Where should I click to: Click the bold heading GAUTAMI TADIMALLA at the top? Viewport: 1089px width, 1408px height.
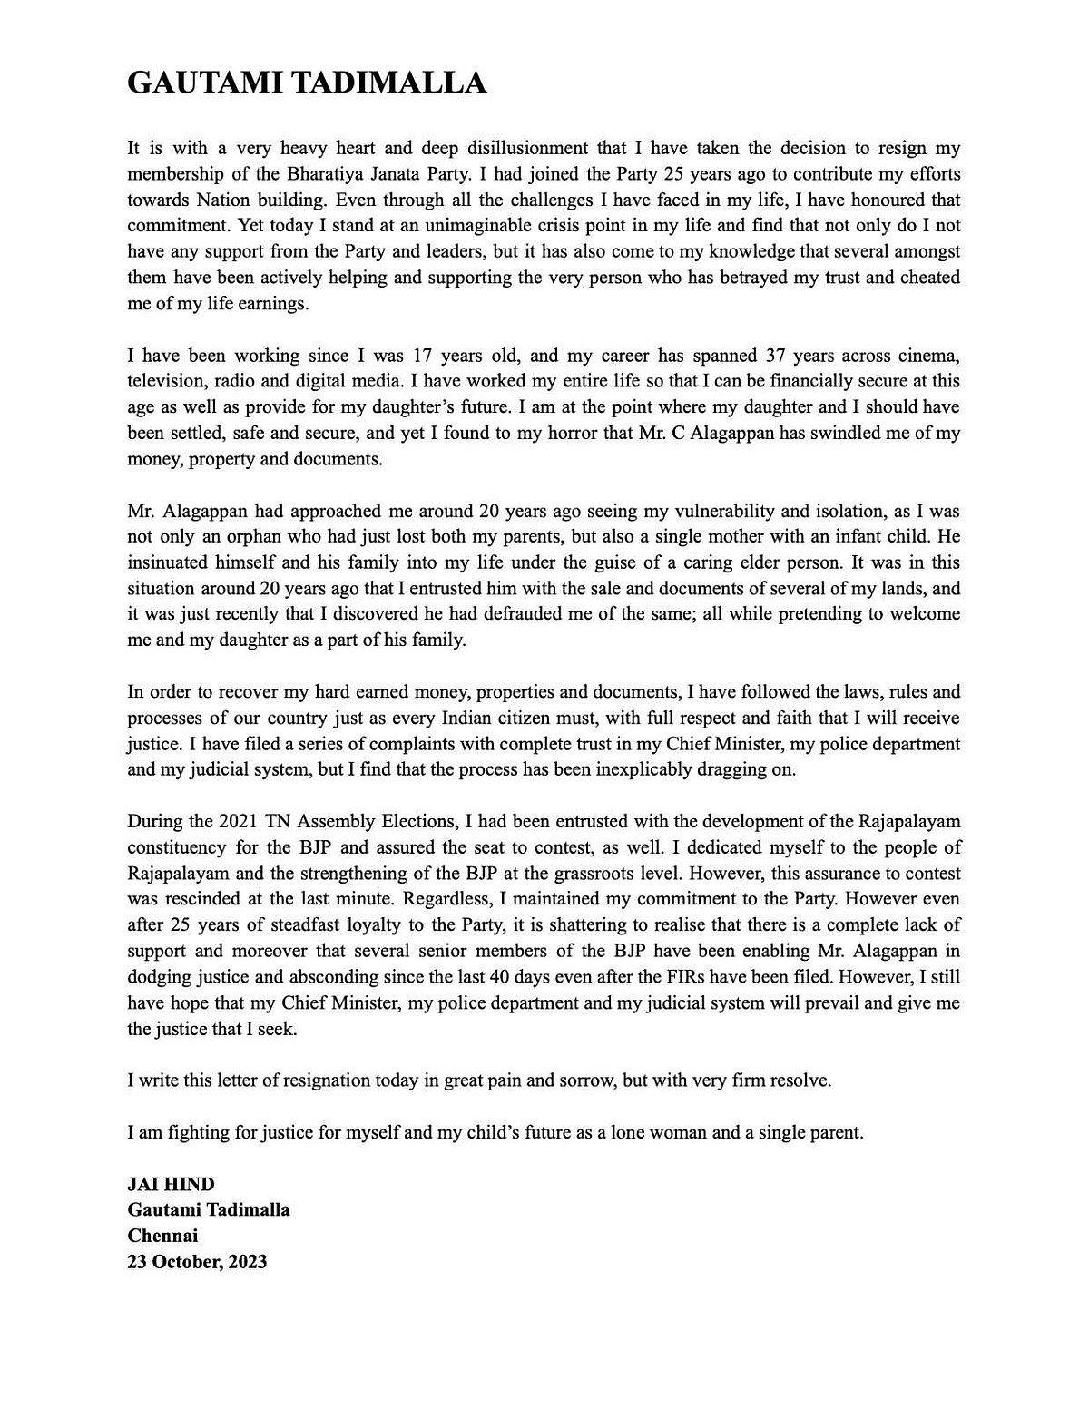click(x=307, y=83)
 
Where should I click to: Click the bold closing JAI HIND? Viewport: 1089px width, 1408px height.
click(x=171, y=1184)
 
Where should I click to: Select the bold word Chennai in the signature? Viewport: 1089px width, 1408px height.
click(x=162, y=1236)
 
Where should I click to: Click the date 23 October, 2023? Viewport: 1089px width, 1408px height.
click(x=197, y=1262)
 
